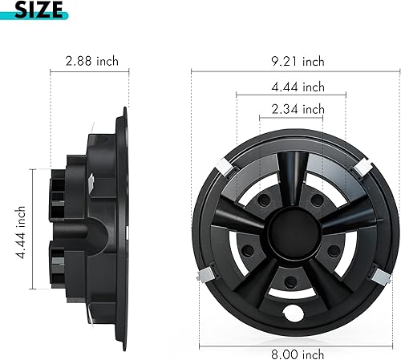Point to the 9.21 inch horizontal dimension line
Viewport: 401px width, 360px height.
point(241,70)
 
